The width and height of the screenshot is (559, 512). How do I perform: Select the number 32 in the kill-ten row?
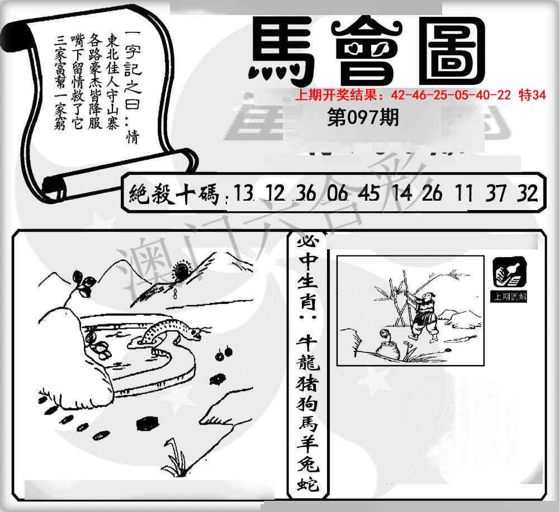(x=527, y=193)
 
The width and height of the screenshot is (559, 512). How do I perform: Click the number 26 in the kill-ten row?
(x=432, y=193)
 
